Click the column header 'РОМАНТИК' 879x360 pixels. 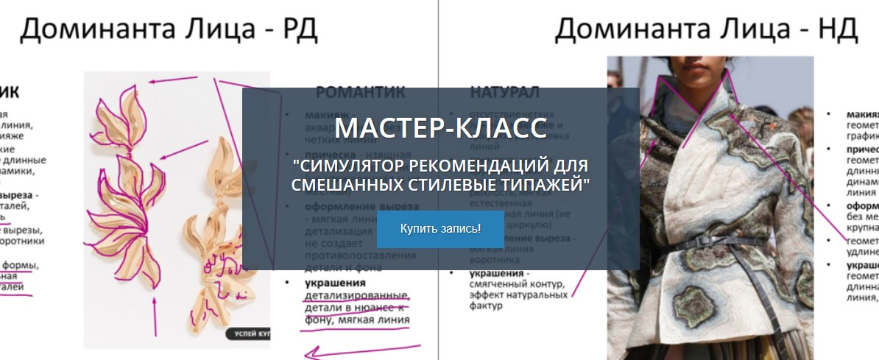pyautogui.click(x=361, y=93)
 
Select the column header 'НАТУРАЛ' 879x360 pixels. pyautogui.click(x=504, y=93)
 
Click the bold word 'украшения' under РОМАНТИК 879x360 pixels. pyautogui.click(x=336, y=283)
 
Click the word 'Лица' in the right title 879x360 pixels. pyautogui.click(x=744, y=30)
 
